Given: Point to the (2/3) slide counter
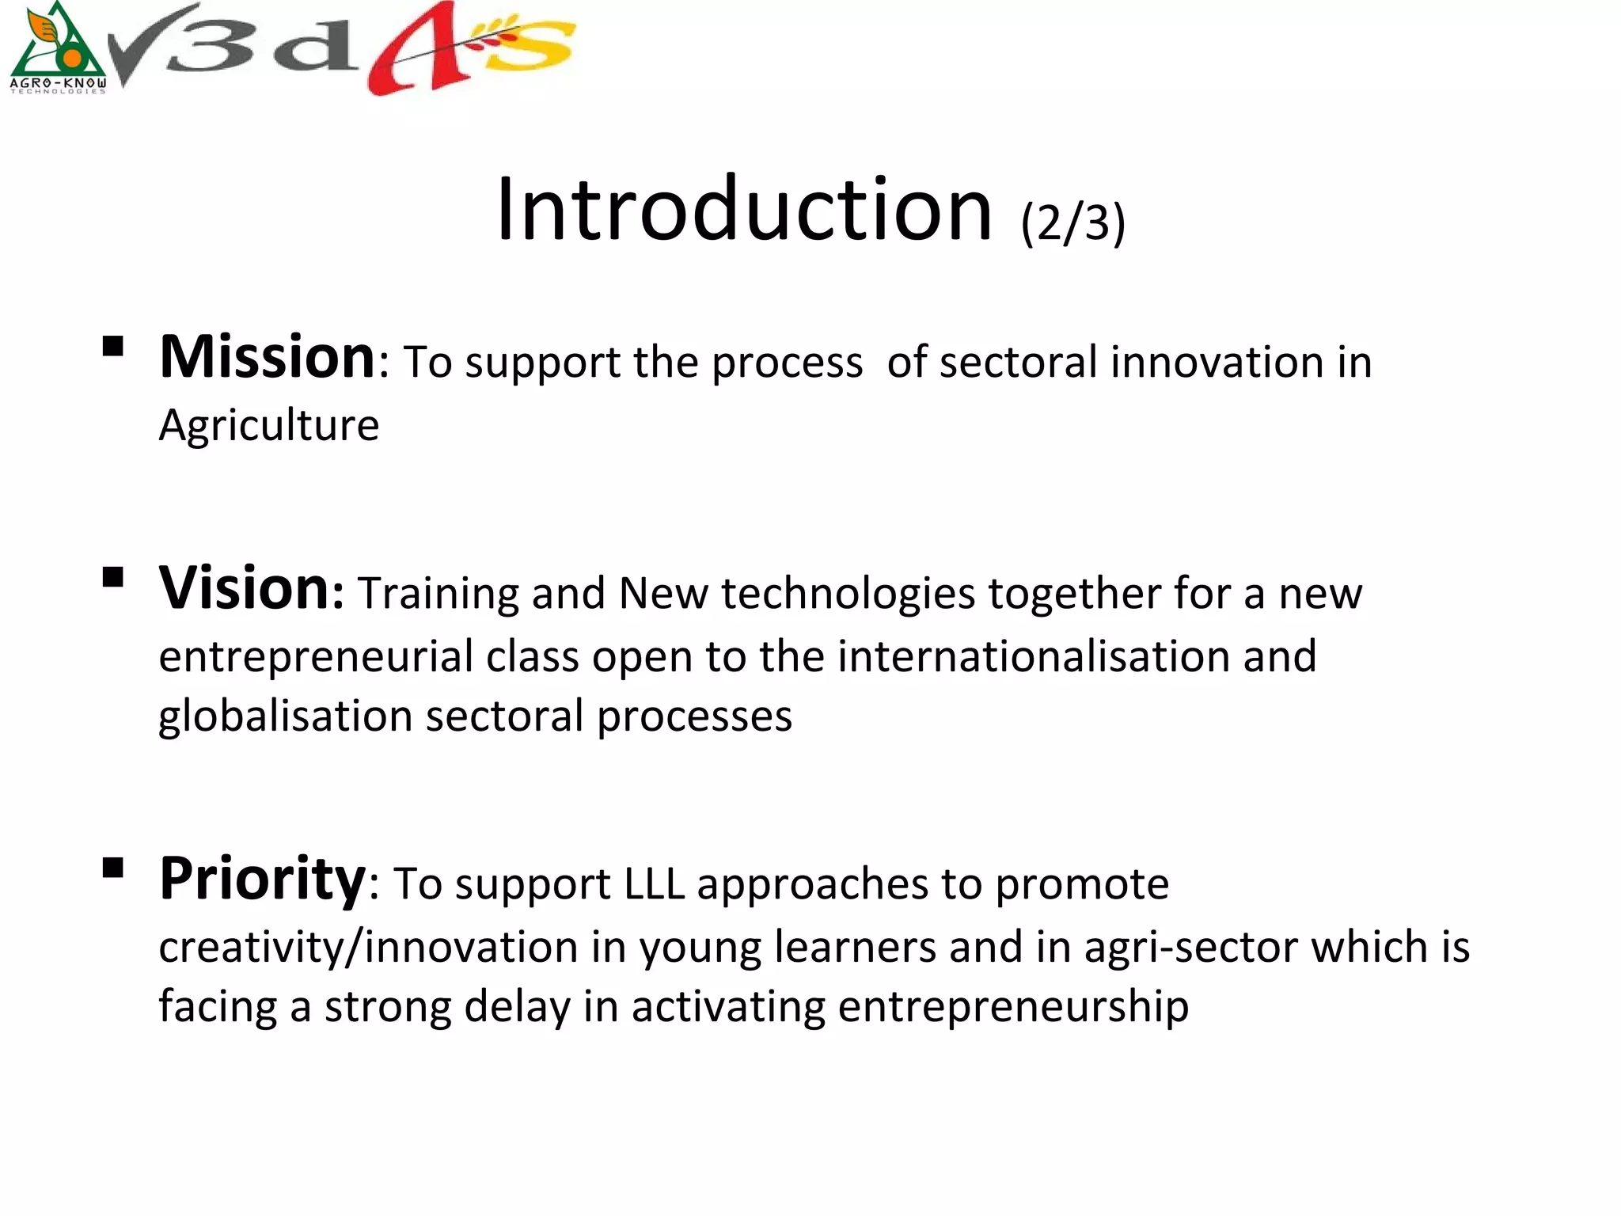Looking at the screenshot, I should tap(1072, 223).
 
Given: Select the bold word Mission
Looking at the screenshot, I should tap(267, 358).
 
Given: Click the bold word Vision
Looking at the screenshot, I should tap(245, 588).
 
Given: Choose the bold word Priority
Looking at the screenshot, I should tap(262, 879).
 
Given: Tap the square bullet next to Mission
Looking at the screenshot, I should tap(113, 347).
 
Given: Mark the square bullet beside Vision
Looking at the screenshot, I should tap(113, 577).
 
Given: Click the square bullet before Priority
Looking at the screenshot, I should tap(113, 868).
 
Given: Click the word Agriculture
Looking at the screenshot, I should tap(269, 426).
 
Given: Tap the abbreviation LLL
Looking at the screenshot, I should tap(654, 884).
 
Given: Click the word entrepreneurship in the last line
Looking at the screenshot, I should tap(1012, 1007).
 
